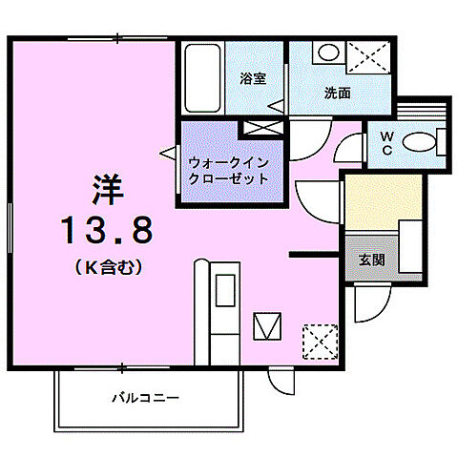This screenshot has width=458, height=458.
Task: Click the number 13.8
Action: point(106,229)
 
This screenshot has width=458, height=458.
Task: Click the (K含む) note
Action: point(107,268)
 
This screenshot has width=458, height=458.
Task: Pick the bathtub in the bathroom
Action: point(202,78)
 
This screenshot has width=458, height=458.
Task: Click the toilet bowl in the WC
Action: point(420,143)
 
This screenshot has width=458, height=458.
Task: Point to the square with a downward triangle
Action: point(267,326)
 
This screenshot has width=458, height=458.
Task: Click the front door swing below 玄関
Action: point(367,305)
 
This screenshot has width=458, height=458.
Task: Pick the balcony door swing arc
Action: point(282,380)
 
